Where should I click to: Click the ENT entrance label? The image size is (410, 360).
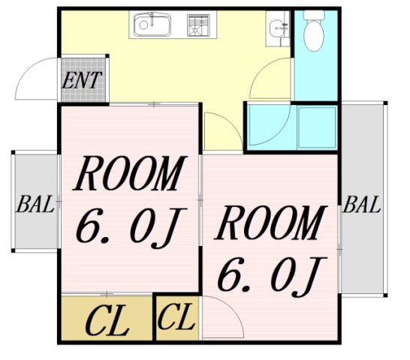click(83, 80)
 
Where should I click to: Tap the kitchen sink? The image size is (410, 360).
click(152, 27)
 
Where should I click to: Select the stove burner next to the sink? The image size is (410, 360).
click(197, 26)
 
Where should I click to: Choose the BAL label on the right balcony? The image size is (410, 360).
click(362, 204)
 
